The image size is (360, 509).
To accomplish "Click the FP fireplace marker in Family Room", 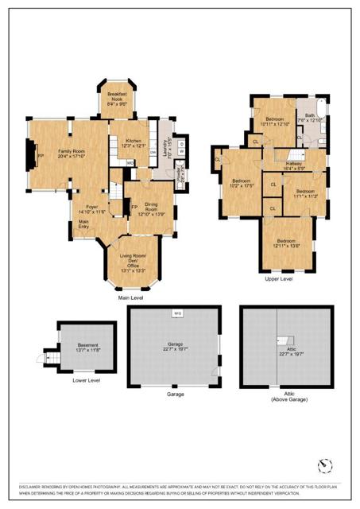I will point(40,156).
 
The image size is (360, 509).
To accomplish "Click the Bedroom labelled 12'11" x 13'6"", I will point(287,241).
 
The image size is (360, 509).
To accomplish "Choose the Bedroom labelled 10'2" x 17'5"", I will point(240,181).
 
